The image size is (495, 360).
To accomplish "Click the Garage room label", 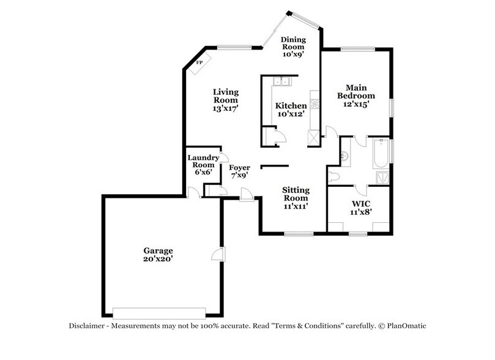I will (x=158, y=250).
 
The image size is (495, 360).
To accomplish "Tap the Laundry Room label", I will (x=201, y=161).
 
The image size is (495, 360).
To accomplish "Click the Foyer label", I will (x=239, y=167).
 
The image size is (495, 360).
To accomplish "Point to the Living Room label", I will (x=225, y=96).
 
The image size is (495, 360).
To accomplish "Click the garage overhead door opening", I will (x=160, y=310).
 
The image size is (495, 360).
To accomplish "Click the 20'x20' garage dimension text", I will (x=158, y=258).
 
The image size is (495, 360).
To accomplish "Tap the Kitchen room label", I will (x=291, y=106).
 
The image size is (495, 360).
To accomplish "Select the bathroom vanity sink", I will (x=344, y=154).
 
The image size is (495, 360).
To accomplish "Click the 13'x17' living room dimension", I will (x=225, y=108).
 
